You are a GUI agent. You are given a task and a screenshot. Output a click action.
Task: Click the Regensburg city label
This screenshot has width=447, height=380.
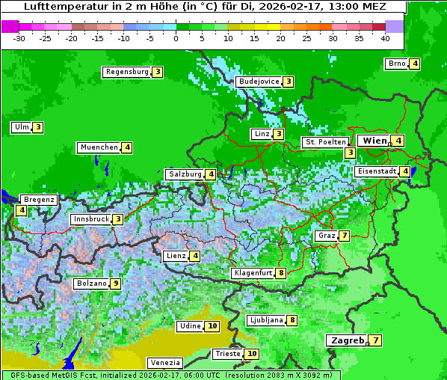(126, 72)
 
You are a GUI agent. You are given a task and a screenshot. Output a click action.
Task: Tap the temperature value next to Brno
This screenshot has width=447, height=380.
(414, 64)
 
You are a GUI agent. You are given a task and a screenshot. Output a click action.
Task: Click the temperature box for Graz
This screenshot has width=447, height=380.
(343, 236)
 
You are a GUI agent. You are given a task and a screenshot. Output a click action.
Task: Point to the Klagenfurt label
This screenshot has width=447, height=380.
(252, 273)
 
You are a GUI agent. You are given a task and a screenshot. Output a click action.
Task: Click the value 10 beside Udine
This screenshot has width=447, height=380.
(212, 326)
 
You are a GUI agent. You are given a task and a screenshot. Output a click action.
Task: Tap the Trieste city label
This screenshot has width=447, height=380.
(227, 354)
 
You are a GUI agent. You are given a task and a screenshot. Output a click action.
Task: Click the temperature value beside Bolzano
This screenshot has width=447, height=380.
(115, 284)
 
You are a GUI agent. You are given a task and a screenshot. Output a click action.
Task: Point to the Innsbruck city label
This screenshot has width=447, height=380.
(90, 219)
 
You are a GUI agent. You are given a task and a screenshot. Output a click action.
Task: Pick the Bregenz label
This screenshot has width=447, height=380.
(39, 200)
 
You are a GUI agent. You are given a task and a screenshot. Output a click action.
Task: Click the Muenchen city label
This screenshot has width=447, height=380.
(99, 147)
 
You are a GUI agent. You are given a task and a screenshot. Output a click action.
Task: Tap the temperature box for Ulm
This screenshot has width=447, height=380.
(37, 127)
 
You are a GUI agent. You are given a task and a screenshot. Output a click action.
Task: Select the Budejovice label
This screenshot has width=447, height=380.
(259, 82)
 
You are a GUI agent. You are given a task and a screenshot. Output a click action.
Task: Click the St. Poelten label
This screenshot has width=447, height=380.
(325, 141)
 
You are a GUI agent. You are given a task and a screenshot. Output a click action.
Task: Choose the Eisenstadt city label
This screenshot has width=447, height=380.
(376, 171)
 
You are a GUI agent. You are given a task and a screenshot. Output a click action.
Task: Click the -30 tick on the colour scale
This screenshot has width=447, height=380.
(19, 38)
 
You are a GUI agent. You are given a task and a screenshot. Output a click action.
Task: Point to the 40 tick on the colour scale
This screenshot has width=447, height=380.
(385, 38)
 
